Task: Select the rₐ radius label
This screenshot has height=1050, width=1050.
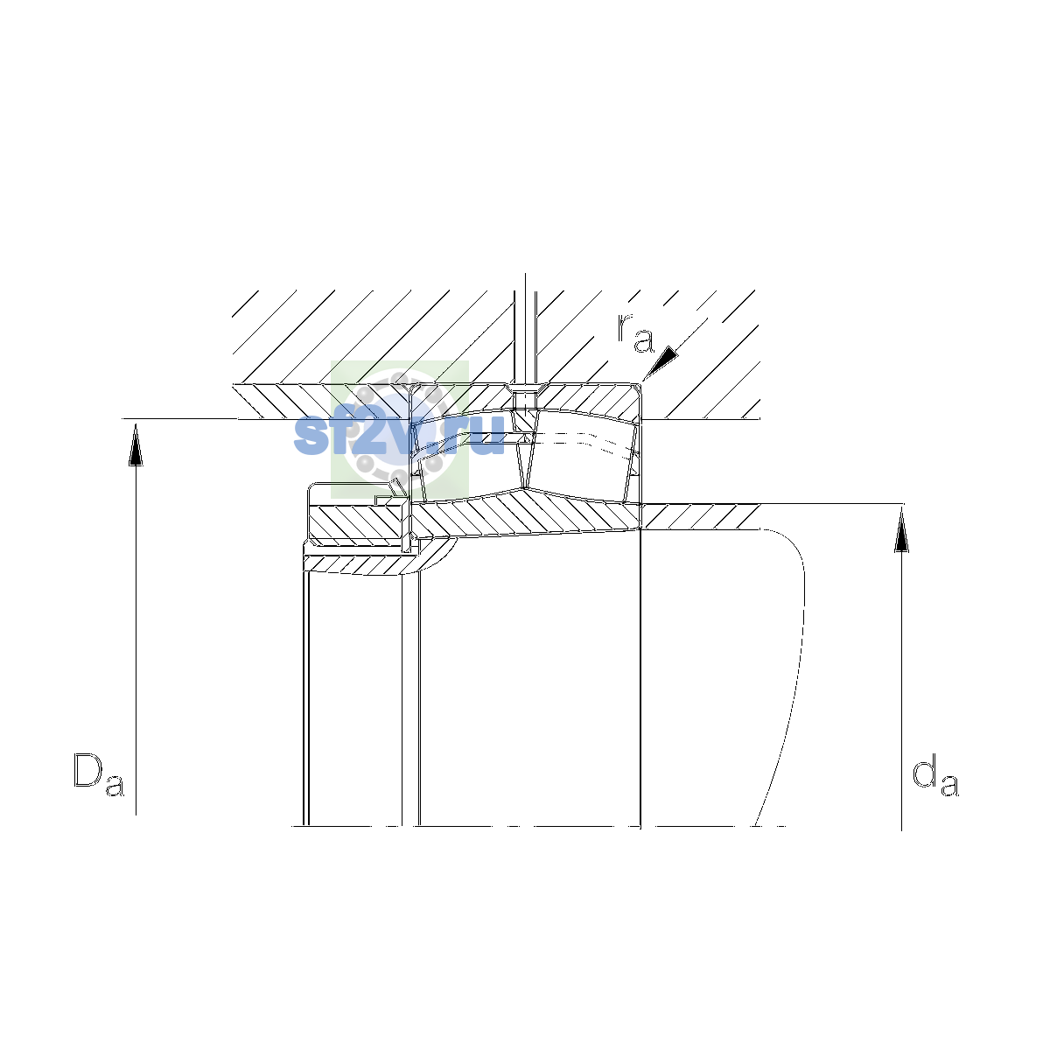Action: [634, 332]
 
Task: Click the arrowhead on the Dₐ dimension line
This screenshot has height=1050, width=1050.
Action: [136, 445]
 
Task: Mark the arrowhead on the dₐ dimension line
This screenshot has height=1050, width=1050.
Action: [901, 530]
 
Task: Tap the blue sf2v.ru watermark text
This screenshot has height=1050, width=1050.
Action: [399, 434]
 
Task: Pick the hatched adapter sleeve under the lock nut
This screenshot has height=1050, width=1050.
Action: [376, 564]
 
